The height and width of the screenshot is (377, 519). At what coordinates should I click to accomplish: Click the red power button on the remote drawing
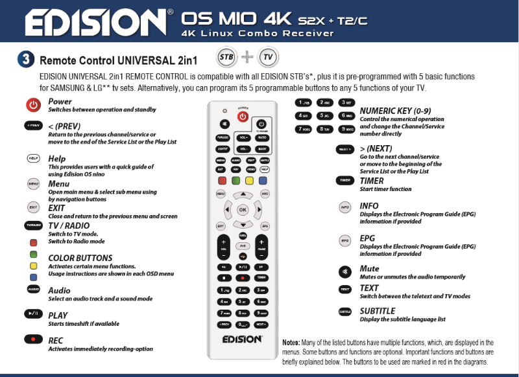pyautogui.click(x=243, y=117)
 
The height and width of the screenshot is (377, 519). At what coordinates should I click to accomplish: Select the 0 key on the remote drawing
pyautogui.click(x=243, y=323)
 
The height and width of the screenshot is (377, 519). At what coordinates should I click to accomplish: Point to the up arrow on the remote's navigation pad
pyautogui.click(x=243, y=194)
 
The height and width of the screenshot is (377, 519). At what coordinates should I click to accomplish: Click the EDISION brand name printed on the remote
pyautogui.click(x=243, y=339)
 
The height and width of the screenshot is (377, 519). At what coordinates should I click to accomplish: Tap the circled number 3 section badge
pyautogui.click(x=25, y=61)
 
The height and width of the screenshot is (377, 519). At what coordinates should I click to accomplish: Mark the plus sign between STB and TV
pyautogui.click(x=247, y=57)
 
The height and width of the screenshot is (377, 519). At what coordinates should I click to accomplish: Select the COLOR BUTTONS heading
pyautogui.click(x=80, y=258)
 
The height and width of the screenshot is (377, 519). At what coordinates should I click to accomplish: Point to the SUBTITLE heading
pyautogui.click(x=377, y=311)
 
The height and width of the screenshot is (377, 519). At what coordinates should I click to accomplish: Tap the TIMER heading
pyautogui.click(x=372, y=181)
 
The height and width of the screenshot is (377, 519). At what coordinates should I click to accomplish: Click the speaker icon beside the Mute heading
pyautogui.click(x=344, y=269)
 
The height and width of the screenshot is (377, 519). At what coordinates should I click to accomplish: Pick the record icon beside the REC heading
pyautogui.click(x=33, y=339)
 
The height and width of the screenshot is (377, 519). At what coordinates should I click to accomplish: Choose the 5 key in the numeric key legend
pyautogui.click(x=324, y=115)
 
